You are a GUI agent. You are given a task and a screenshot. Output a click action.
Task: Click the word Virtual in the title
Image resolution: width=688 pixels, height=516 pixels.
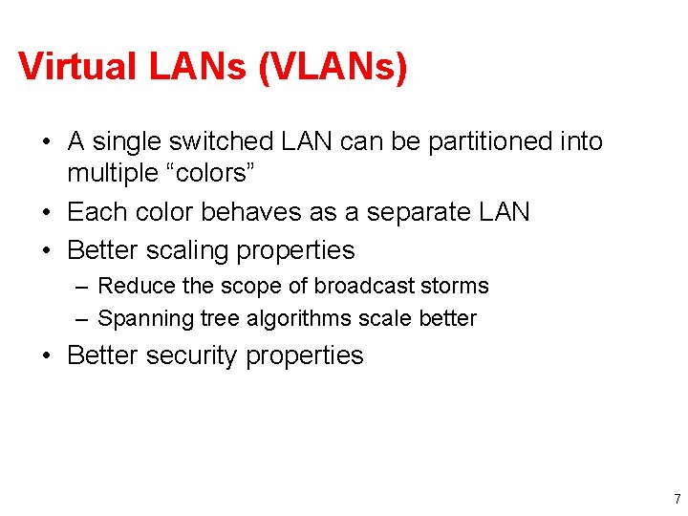pyautogui.click(x=78, y=68)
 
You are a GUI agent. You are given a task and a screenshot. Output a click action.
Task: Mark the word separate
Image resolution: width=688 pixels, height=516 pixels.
pyautogui.click(x=416, y=212)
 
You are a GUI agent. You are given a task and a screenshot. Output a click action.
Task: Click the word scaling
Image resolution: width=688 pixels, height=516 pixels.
pyautogui.click(x=189, y=251)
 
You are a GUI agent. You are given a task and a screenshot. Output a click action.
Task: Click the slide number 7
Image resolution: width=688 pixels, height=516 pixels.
pyautogui.click(x=677, y=499)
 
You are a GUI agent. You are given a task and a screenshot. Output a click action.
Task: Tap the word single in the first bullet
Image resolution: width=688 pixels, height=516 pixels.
pyautogui.click(x=131, y=142)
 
